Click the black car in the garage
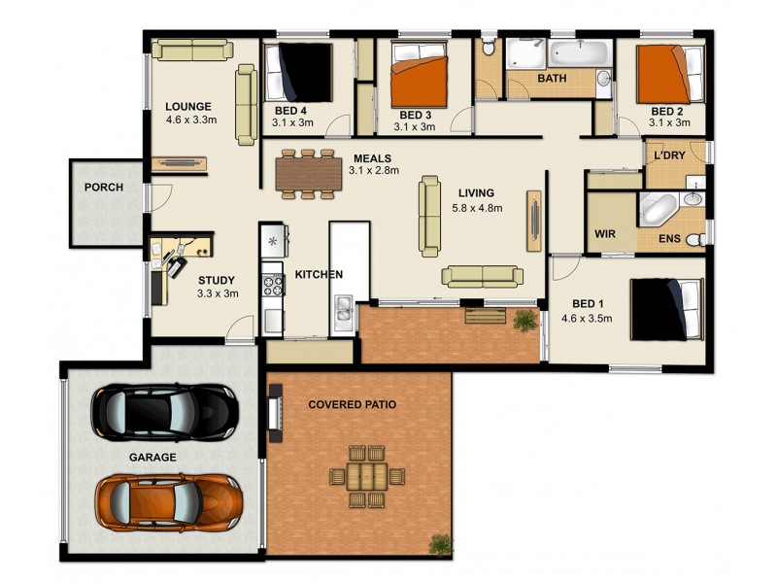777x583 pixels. coord(162,411)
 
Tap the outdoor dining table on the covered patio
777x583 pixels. coord(366,475)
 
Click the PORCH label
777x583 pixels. coord(104,188)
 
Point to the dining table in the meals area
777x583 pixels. coord(309,174)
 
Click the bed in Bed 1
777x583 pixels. coord(666,309)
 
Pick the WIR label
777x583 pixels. coord(604,234)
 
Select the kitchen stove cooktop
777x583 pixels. coord(272,285)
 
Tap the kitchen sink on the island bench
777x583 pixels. coord(344,310)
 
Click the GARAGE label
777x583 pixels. coord(153,457)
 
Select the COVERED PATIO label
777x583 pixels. coord(352,404)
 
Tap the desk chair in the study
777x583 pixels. coord(176,262)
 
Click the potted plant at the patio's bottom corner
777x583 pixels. coord(441,545)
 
